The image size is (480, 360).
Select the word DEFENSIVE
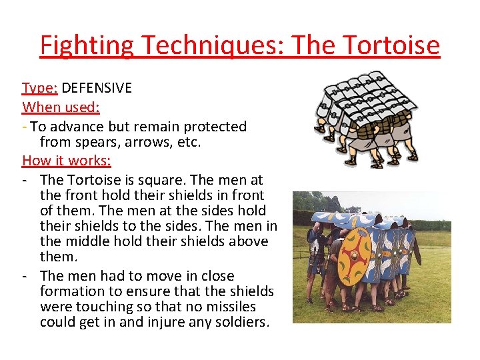pyautogui.click(x=97, y=88)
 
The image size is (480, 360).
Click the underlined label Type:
pyautogui.click(x=40, y=88)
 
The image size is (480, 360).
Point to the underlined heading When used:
pyautogui.click(x=61, y=107)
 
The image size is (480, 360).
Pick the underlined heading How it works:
pyautogui.click(x=67, y=161)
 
